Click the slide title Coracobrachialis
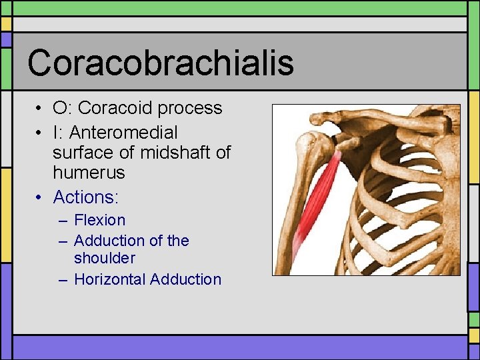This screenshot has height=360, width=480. click(x=160, y=63)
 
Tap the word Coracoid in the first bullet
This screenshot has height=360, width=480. click(x=117, y=108)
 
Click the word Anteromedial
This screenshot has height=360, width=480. click(x=123, y=133)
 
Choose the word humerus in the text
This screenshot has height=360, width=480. click(x=89, y=173)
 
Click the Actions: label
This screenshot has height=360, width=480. click(x=85, y=197)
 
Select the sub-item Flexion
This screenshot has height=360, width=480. click(x=99, y=220)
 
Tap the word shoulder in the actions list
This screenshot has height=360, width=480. click(x=105, y=258)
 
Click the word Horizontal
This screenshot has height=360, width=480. click(x=110, y=279)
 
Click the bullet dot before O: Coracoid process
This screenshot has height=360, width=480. click(x=41, y=109)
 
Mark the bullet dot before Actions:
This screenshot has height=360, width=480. click(x=41, y=198)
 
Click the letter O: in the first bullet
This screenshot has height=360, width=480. click(x=63, y=108)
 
